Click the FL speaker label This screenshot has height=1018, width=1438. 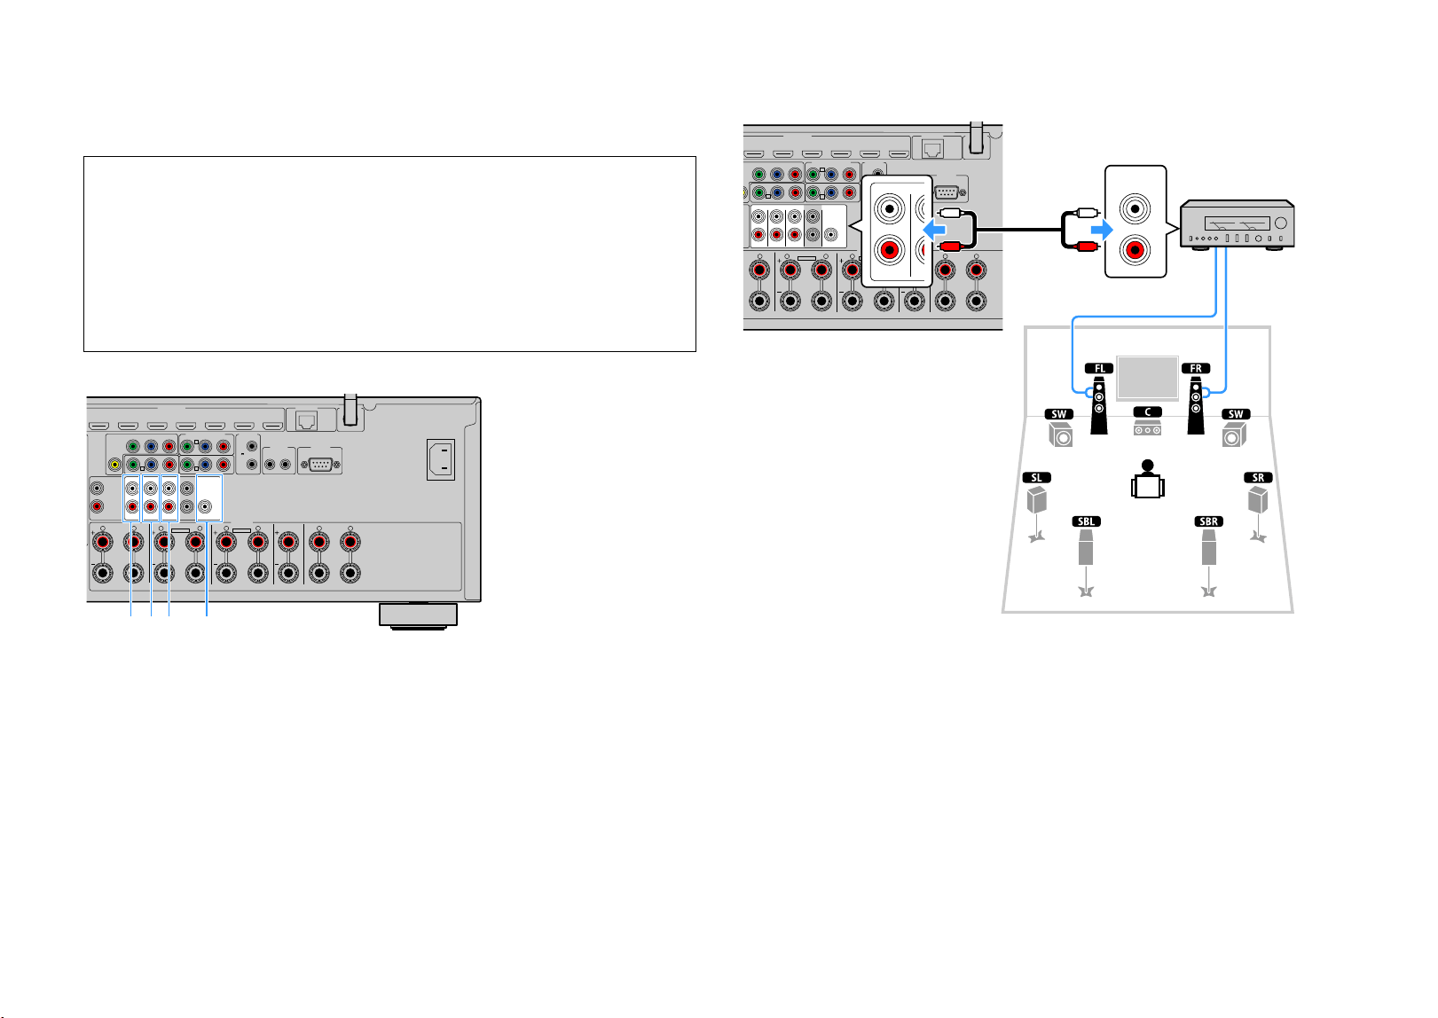click(x=1098, y=368)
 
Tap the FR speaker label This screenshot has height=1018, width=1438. click(x=1195, y=368)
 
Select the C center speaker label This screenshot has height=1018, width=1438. click(x=1147, y=412)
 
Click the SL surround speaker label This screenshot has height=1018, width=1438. click(x=1036, y=478)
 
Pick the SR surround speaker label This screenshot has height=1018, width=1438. click(x=1258, y=478)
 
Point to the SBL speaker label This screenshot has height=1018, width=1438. click(x=1086, y=521)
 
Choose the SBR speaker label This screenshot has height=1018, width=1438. click(x=1208, y=521)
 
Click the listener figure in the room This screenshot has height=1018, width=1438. click(x=1147, y=479)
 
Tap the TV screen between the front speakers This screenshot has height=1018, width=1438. click(x=1147, y=378)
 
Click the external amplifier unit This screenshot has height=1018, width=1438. click(x=1237, y=224)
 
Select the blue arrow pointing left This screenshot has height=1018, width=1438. click(x=934, y=229)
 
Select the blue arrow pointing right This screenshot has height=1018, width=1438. click(x=1102, y=229)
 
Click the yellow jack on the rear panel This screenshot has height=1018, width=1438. click(x=115, y=464)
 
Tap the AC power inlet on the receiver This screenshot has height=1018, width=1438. click(x=441, y=459)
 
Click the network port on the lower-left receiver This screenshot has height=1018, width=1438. click(x=306, y=421)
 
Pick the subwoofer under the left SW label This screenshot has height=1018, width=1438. click(x=1060, y=435)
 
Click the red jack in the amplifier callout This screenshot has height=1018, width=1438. click(x=1135, y=250)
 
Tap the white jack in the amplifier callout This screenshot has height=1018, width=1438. click(x=1135, y=208)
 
